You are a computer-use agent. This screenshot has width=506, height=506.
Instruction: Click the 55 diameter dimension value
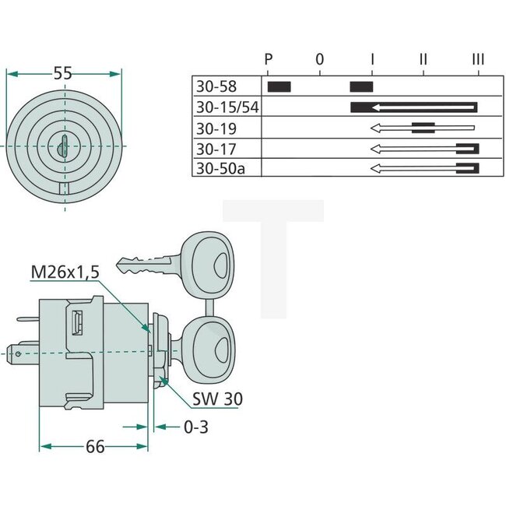point(64,73)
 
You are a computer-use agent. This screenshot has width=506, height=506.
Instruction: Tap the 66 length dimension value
point(95,446)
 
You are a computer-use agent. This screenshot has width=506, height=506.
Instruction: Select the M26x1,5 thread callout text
point(66,272)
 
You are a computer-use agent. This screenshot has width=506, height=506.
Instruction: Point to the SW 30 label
point(216,399)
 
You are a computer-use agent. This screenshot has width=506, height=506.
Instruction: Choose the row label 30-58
point(216,86)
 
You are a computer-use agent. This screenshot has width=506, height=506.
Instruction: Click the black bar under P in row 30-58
point(279,86)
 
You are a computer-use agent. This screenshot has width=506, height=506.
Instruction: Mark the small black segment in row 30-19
point(423,128)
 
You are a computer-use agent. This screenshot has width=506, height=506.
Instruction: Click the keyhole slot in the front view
point(64,146)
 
